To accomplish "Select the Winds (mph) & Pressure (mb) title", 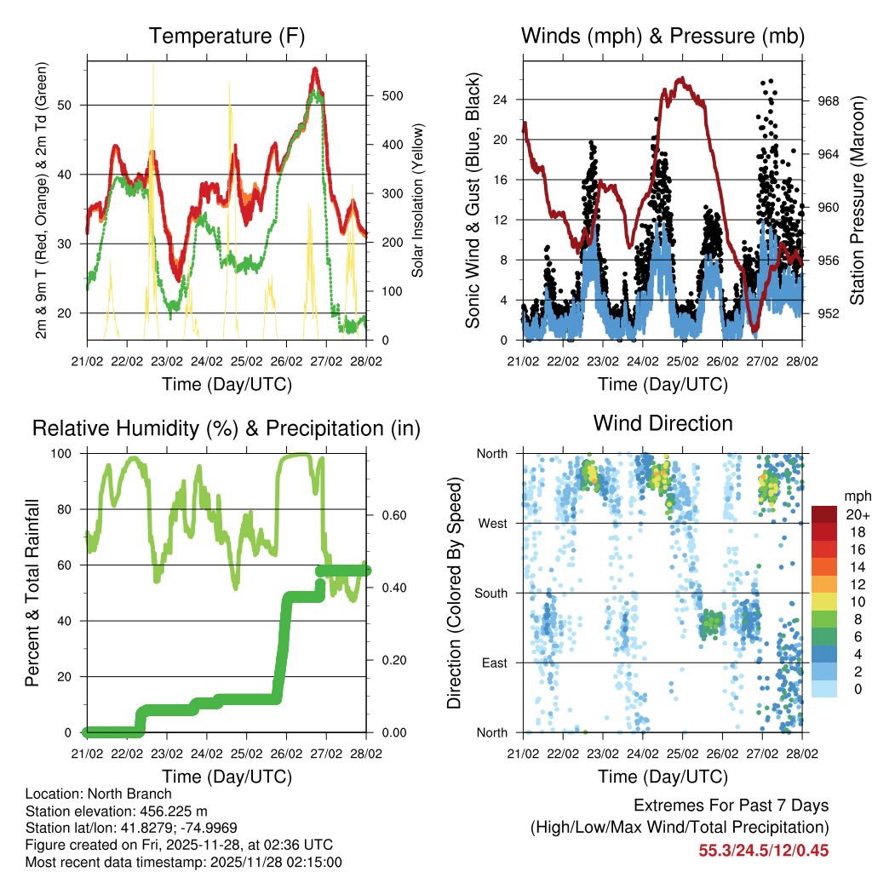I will (x=663, y=37).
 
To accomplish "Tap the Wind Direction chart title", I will (x=663, y=423).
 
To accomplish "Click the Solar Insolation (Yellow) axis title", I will (x=417, y=201).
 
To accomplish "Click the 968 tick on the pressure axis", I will (x=828, y=100).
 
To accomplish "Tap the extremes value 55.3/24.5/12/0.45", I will (x=764, y=850).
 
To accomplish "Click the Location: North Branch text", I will (x=98, y=795).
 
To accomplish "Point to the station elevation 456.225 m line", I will (x=117, y=811).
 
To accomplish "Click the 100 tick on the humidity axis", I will (x=70, y=453).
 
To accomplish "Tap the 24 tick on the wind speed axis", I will (x=500, y=100).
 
